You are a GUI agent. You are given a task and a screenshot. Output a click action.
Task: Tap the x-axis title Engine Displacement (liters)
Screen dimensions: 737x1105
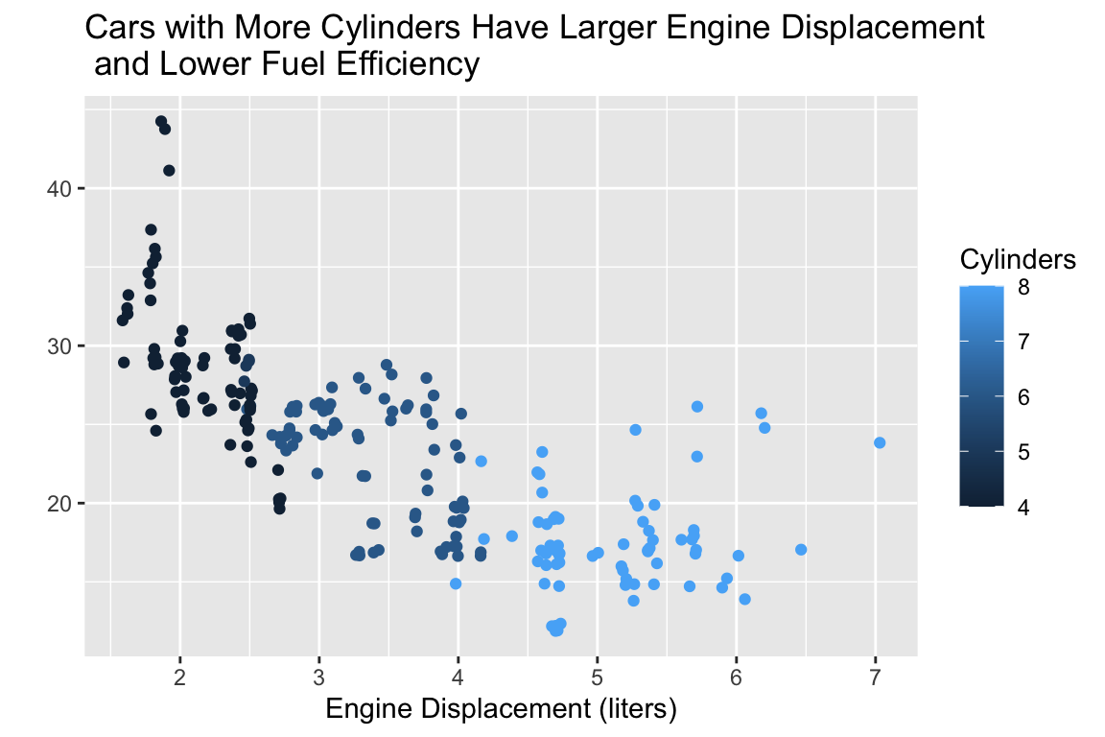(502, 710)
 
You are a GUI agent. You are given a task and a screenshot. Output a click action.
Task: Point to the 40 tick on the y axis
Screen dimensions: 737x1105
(59, 189)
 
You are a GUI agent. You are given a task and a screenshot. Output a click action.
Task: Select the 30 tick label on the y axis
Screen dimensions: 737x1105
(59, 346)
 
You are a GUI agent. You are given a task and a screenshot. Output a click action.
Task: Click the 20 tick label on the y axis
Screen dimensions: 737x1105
(59, 504)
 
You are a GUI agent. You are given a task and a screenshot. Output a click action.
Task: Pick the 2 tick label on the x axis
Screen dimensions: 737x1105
(179, 677)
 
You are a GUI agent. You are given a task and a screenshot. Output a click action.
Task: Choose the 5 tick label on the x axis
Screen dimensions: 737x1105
(597, 677)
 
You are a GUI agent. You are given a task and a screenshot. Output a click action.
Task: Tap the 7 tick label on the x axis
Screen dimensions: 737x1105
(875, 677)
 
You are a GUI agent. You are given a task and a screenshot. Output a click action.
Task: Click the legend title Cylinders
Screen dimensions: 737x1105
(1017, 260)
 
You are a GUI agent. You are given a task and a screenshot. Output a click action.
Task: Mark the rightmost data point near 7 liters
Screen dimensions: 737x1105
(880, 442)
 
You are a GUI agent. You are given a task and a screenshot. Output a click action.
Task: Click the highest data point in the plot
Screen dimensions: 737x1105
(161, 122)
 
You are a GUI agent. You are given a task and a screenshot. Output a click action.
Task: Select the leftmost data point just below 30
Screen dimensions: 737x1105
(124, 362)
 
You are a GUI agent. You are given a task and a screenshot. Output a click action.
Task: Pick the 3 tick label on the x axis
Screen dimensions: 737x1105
(318, 677)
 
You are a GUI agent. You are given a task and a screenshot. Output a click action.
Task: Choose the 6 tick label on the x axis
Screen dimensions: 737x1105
(736, 677)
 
